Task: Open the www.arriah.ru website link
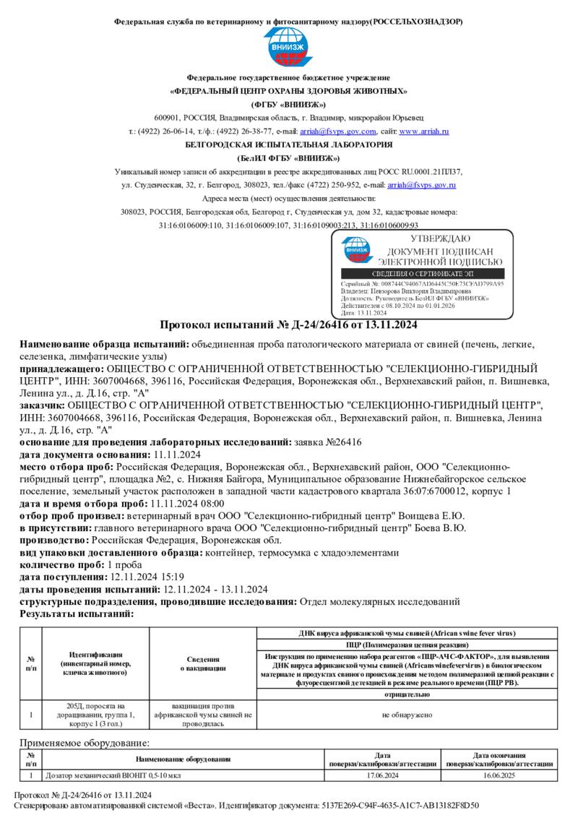click(424, 132)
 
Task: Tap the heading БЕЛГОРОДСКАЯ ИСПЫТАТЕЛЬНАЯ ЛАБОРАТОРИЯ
click(288, 145)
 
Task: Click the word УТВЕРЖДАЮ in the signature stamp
click(440, 238)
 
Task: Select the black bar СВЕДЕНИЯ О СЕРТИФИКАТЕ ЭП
click(423, 274)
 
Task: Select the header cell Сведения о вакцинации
click(204, 663)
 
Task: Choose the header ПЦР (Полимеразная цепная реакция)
click(405, 643)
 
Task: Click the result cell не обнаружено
click(405, 715)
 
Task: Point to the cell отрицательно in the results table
click(405, 694)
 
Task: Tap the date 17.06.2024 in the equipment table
click(383, 775)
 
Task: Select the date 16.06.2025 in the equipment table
click(499, 775)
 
